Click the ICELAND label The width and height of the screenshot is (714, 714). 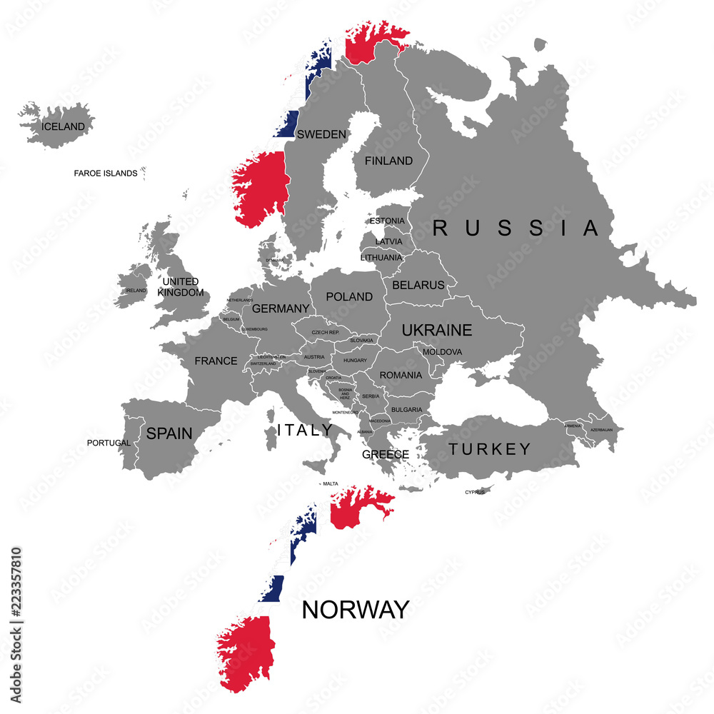64,127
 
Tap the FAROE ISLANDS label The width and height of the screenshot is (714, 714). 106,174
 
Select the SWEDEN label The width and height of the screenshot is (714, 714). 321,134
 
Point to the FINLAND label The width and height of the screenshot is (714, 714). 388,161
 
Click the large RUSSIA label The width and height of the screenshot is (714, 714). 516,228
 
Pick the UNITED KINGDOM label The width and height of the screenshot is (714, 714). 181,287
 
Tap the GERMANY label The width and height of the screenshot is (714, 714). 281,308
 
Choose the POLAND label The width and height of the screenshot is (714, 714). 349,296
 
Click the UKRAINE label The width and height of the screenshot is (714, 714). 437,330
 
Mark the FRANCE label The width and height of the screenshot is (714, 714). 216,361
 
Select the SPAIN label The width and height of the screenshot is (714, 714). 169,433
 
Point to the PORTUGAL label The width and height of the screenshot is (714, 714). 109,443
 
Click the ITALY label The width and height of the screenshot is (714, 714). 305,430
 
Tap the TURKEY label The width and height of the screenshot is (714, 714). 490,449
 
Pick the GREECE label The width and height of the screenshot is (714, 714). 386,454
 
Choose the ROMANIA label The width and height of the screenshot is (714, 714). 401,375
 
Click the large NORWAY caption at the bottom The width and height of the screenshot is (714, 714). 356,610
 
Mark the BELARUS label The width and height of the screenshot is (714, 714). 418,285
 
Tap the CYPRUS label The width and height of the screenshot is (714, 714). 475,492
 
